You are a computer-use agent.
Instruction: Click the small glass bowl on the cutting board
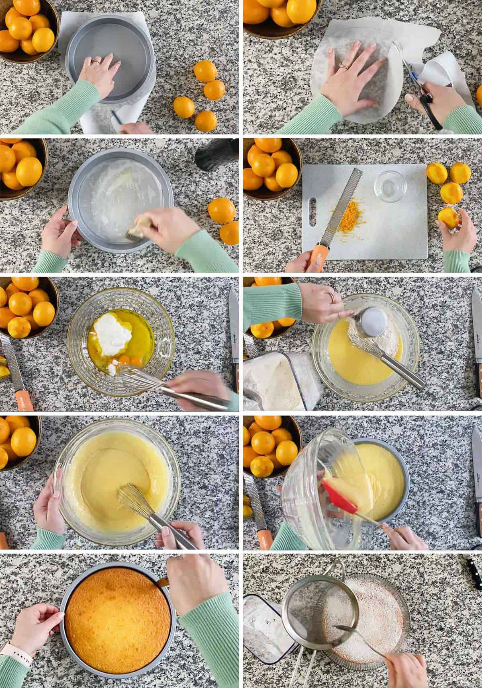pyautogui.click(x=390, y=187)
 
